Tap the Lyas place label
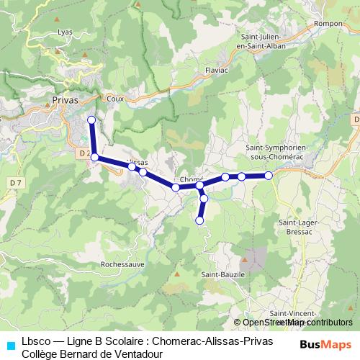[66, 32]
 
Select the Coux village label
[114, 98]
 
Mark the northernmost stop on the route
[91, 120]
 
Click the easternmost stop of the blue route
[269, 175]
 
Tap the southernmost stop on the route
[199, 220]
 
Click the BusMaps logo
[325, 343]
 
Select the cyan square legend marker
[10, 344]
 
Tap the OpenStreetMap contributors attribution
[294, 323]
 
